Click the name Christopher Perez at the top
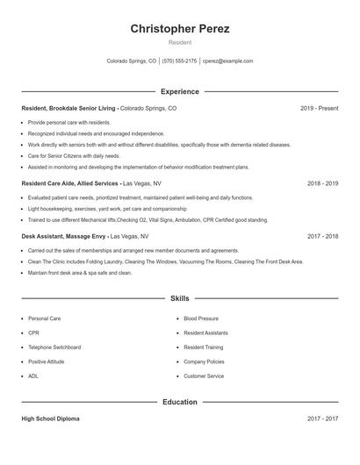180,29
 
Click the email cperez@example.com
227,61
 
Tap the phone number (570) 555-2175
179,61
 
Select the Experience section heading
180,91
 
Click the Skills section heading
180,298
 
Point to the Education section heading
180,402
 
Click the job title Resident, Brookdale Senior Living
69,108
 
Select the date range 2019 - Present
319,108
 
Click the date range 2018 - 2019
322,184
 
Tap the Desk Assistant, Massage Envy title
66,236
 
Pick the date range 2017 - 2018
322,236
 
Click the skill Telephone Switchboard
54,347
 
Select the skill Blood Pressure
201,318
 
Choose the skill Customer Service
204,376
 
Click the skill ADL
33,376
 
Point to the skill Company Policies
204,361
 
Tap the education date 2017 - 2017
322,419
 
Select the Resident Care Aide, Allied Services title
70,184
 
